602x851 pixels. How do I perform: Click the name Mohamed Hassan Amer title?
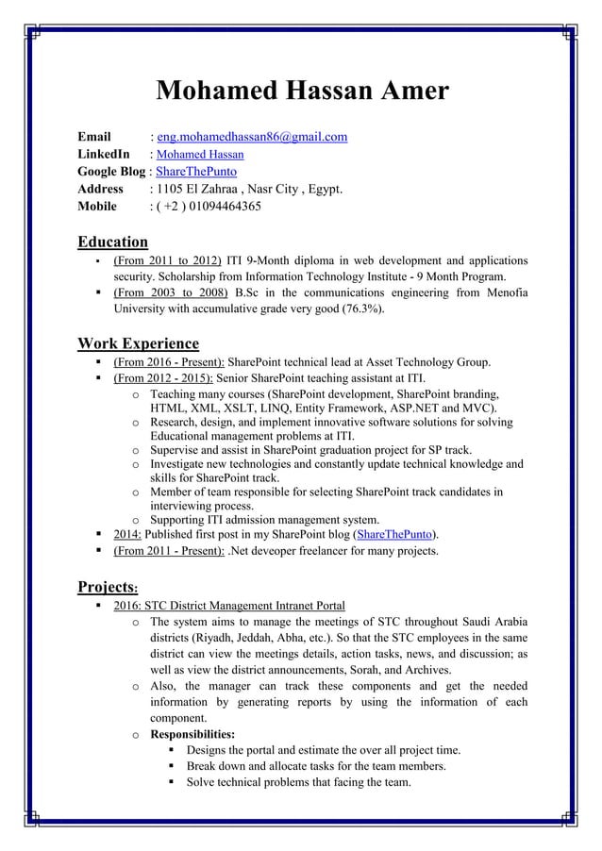[x=301, y=92]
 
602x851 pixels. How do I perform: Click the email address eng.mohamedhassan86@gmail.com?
[x=252, y=137]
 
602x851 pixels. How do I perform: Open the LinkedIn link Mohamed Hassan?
[x=200, y=155]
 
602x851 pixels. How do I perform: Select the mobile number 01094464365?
[x=216, y=207]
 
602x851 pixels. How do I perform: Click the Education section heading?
[x=112, y=242]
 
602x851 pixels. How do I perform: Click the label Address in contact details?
[x=100, y=189]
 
